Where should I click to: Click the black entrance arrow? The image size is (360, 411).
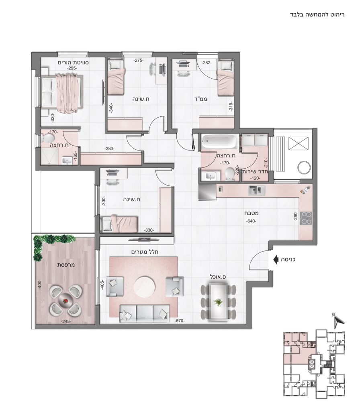pyautogui.click(x=276, y=260)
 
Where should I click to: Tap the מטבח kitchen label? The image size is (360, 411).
pyautogui.click(x=250, y=213)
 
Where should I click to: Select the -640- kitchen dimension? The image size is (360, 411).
pyautogui.click(x=251, y=221)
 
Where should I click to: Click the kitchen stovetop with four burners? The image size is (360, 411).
pyautogui.click(x=306, y=218)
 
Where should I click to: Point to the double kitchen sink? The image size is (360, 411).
pyautogui.click(x=257, y=190)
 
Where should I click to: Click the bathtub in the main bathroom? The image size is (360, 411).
pyautogui.click(x=219, y=141)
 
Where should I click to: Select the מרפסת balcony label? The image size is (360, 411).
pyautogui.click(x=66, y=265)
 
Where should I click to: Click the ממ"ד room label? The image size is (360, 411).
pyautogui.click(x=202, y=99)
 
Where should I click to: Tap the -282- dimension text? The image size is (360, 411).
pyautogui.click(x=207, y=63)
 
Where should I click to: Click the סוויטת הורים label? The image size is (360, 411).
pyautogui.click(x=73, y=62)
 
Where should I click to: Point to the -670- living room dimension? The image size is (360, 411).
pyautogui.click(x=180, y=321)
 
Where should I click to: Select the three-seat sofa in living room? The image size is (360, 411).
pyautogui.click(x=144, y=313)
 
